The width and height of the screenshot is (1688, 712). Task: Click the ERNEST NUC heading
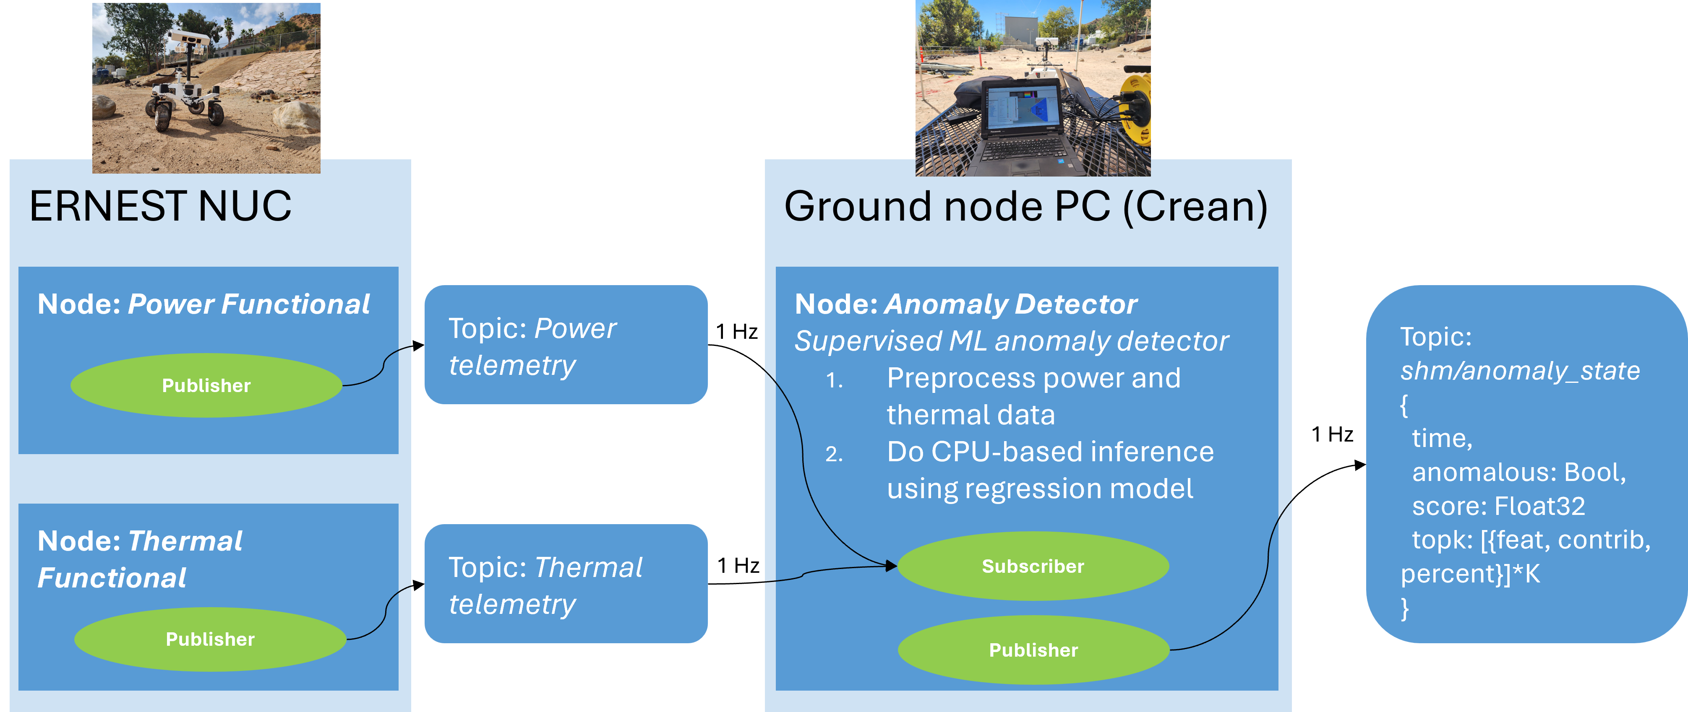point(161,206)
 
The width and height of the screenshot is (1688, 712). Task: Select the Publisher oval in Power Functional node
point(206,385)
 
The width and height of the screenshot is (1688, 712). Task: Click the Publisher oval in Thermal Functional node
point(210,639)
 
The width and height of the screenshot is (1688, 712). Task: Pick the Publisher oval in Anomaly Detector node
point(1033,650)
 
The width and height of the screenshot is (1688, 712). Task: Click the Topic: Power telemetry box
point(566,345)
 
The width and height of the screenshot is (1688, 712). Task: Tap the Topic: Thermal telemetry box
point(566,584)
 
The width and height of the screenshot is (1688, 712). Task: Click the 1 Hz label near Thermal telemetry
point(738,565)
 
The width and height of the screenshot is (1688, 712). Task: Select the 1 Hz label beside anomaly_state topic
point(1332,434)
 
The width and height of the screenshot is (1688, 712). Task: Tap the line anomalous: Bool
point(1519,472)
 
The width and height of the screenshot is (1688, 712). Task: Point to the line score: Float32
point(1499,507)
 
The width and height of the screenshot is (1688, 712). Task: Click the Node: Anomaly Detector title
point(966,304)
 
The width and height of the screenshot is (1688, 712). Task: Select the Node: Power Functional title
point(204,304)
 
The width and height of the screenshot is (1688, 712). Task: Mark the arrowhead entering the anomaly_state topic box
point(1360,465)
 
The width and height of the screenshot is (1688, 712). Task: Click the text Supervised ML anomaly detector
point(1011,341)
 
